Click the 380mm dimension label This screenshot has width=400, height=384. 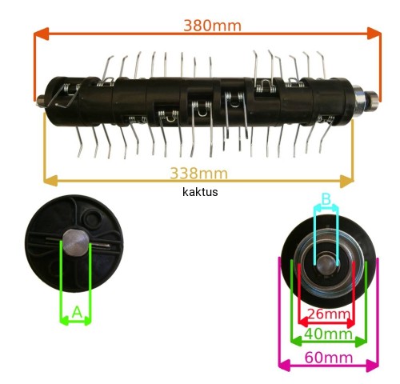(x=213, y=26)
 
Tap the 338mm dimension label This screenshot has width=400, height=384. (x=199, y=174)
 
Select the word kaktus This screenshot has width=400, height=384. (x=200, y=192)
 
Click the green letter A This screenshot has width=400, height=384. (x=77, y=312)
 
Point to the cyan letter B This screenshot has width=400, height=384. (x=326, y=199)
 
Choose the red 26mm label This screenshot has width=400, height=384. (x=329, y=314)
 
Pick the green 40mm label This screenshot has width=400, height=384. (x=329, y=334)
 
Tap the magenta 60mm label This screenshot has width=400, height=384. (x=329, y=358)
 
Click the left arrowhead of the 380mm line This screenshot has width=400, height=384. (x=41, y=34)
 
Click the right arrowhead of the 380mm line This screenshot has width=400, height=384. (x=374, y=34)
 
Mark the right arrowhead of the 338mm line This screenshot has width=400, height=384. (x=346, y=182)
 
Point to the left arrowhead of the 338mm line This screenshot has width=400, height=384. (x=50, y=181)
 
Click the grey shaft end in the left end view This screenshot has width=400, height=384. (x=76, y=242)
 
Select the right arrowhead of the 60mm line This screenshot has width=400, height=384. (x=373, y=366)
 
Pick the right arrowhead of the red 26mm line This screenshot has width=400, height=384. (x=350, y=323)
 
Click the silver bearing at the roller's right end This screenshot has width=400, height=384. (x=361, y=99)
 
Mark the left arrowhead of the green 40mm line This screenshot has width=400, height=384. (x=296, y=342)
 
